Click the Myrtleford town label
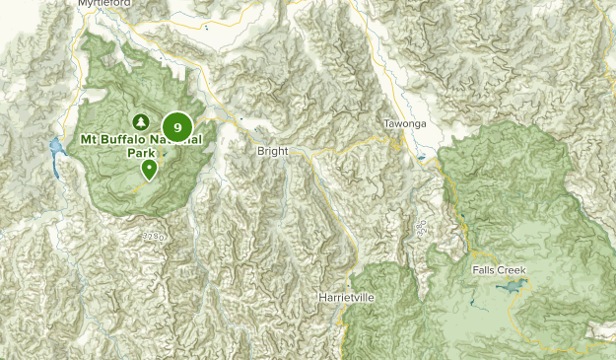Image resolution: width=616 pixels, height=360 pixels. point(104,4)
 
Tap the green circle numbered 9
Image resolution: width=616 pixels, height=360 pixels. point(177,126)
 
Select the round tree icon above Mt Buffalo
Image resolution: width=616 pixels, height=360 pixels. point(141,121)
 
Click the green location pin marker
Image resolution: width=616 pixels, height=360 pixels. point(149,170)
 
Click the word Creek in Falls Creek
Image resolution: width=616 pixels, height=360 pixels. point(513,270)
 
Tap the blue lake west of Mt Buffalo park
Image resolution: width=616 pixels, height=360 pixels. point(56,150)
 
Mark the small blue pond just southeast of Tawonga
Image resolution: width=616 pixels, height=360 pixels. point(421,158)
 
